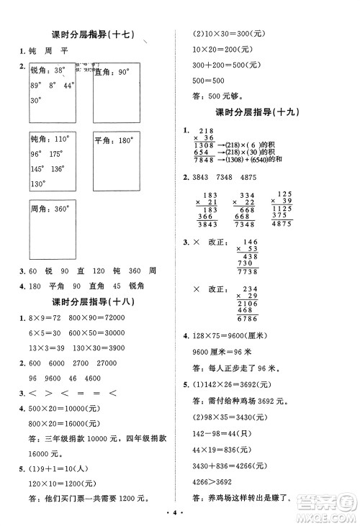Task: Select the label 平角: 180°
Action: tap(114, 141)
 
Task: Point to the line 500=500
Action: tap(208, 81)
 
